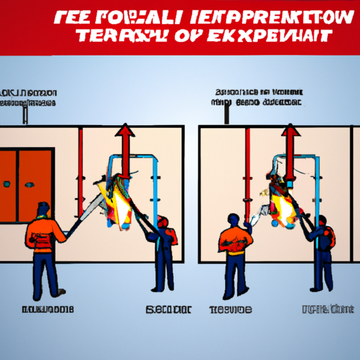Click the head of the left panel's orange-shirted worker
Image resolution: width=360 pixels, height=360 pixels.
pos(43,210)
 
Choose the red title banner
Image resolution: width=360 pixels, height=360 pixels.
pos(180,26)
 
